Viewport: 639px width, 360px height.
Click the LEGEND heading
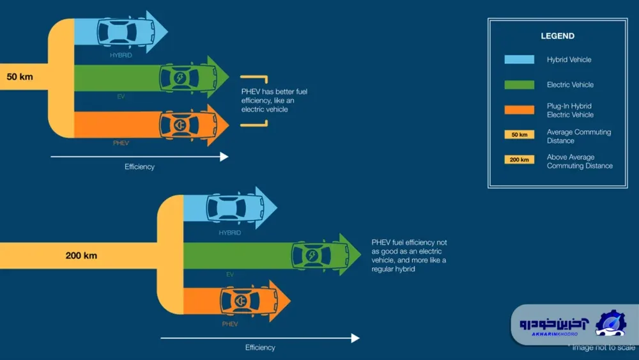557,36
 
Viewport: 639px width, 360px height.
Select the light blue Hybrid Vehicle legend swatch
519,59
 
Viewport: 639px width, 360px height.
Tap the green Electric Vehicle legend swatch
519,85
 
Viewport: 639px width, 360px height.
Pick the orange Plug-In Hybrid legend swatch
519,110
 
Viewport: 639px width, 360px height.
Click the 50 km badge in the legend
519,134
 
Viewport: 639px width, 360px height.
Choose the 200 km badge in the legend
519,159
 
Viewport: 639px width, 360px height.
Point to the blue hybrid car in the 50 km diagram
126,31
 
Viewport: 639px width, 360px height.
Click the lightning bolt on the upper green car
180,77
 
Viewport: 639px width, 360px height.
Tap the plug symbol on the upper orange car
180,125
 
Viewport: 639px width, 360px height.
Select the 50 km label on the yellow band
20,77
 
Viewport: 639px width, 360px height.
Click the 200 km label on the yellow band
81,256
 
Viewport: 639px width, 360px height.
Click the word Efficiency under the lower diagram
260,347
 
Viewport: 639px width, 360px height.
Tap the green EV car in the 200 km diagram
320,255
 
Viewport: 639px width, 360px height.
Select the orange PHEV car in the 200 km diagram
249,301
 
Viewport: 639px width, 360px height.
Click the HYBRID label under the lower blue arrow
230,233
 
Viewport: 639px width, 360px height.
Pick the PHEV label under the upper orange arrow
121,143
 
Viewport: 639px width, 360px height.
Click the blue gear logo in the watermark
610,324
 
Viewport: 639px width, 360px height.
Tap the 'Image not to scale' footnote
603,347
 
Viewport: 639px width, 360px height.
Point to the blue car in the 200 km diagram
235,208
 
